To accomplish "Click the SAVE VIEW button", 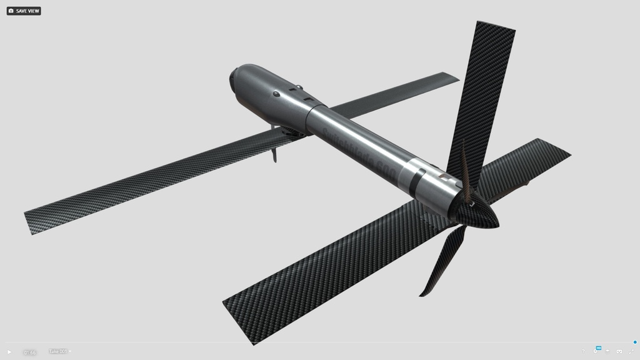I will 24,11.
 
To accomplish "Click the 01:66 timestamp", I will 29,352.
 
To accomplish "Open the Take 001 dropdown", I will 59,351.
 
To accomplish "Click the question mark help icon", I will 583,351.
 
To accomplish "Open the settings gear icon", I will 595,351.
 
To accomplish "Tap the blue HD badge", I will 598,347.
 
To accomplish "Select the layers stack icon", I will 607,351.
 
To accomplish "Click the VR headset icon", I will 619,351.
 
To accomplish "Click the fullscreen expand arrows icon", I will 630,351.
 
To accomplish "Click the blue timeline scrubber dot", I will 635,342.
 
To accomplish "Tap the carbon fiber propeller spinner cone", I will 481,212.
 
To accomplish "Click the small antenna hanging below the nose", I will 274,152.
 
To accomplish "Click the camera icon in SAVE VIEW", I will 11,11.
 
